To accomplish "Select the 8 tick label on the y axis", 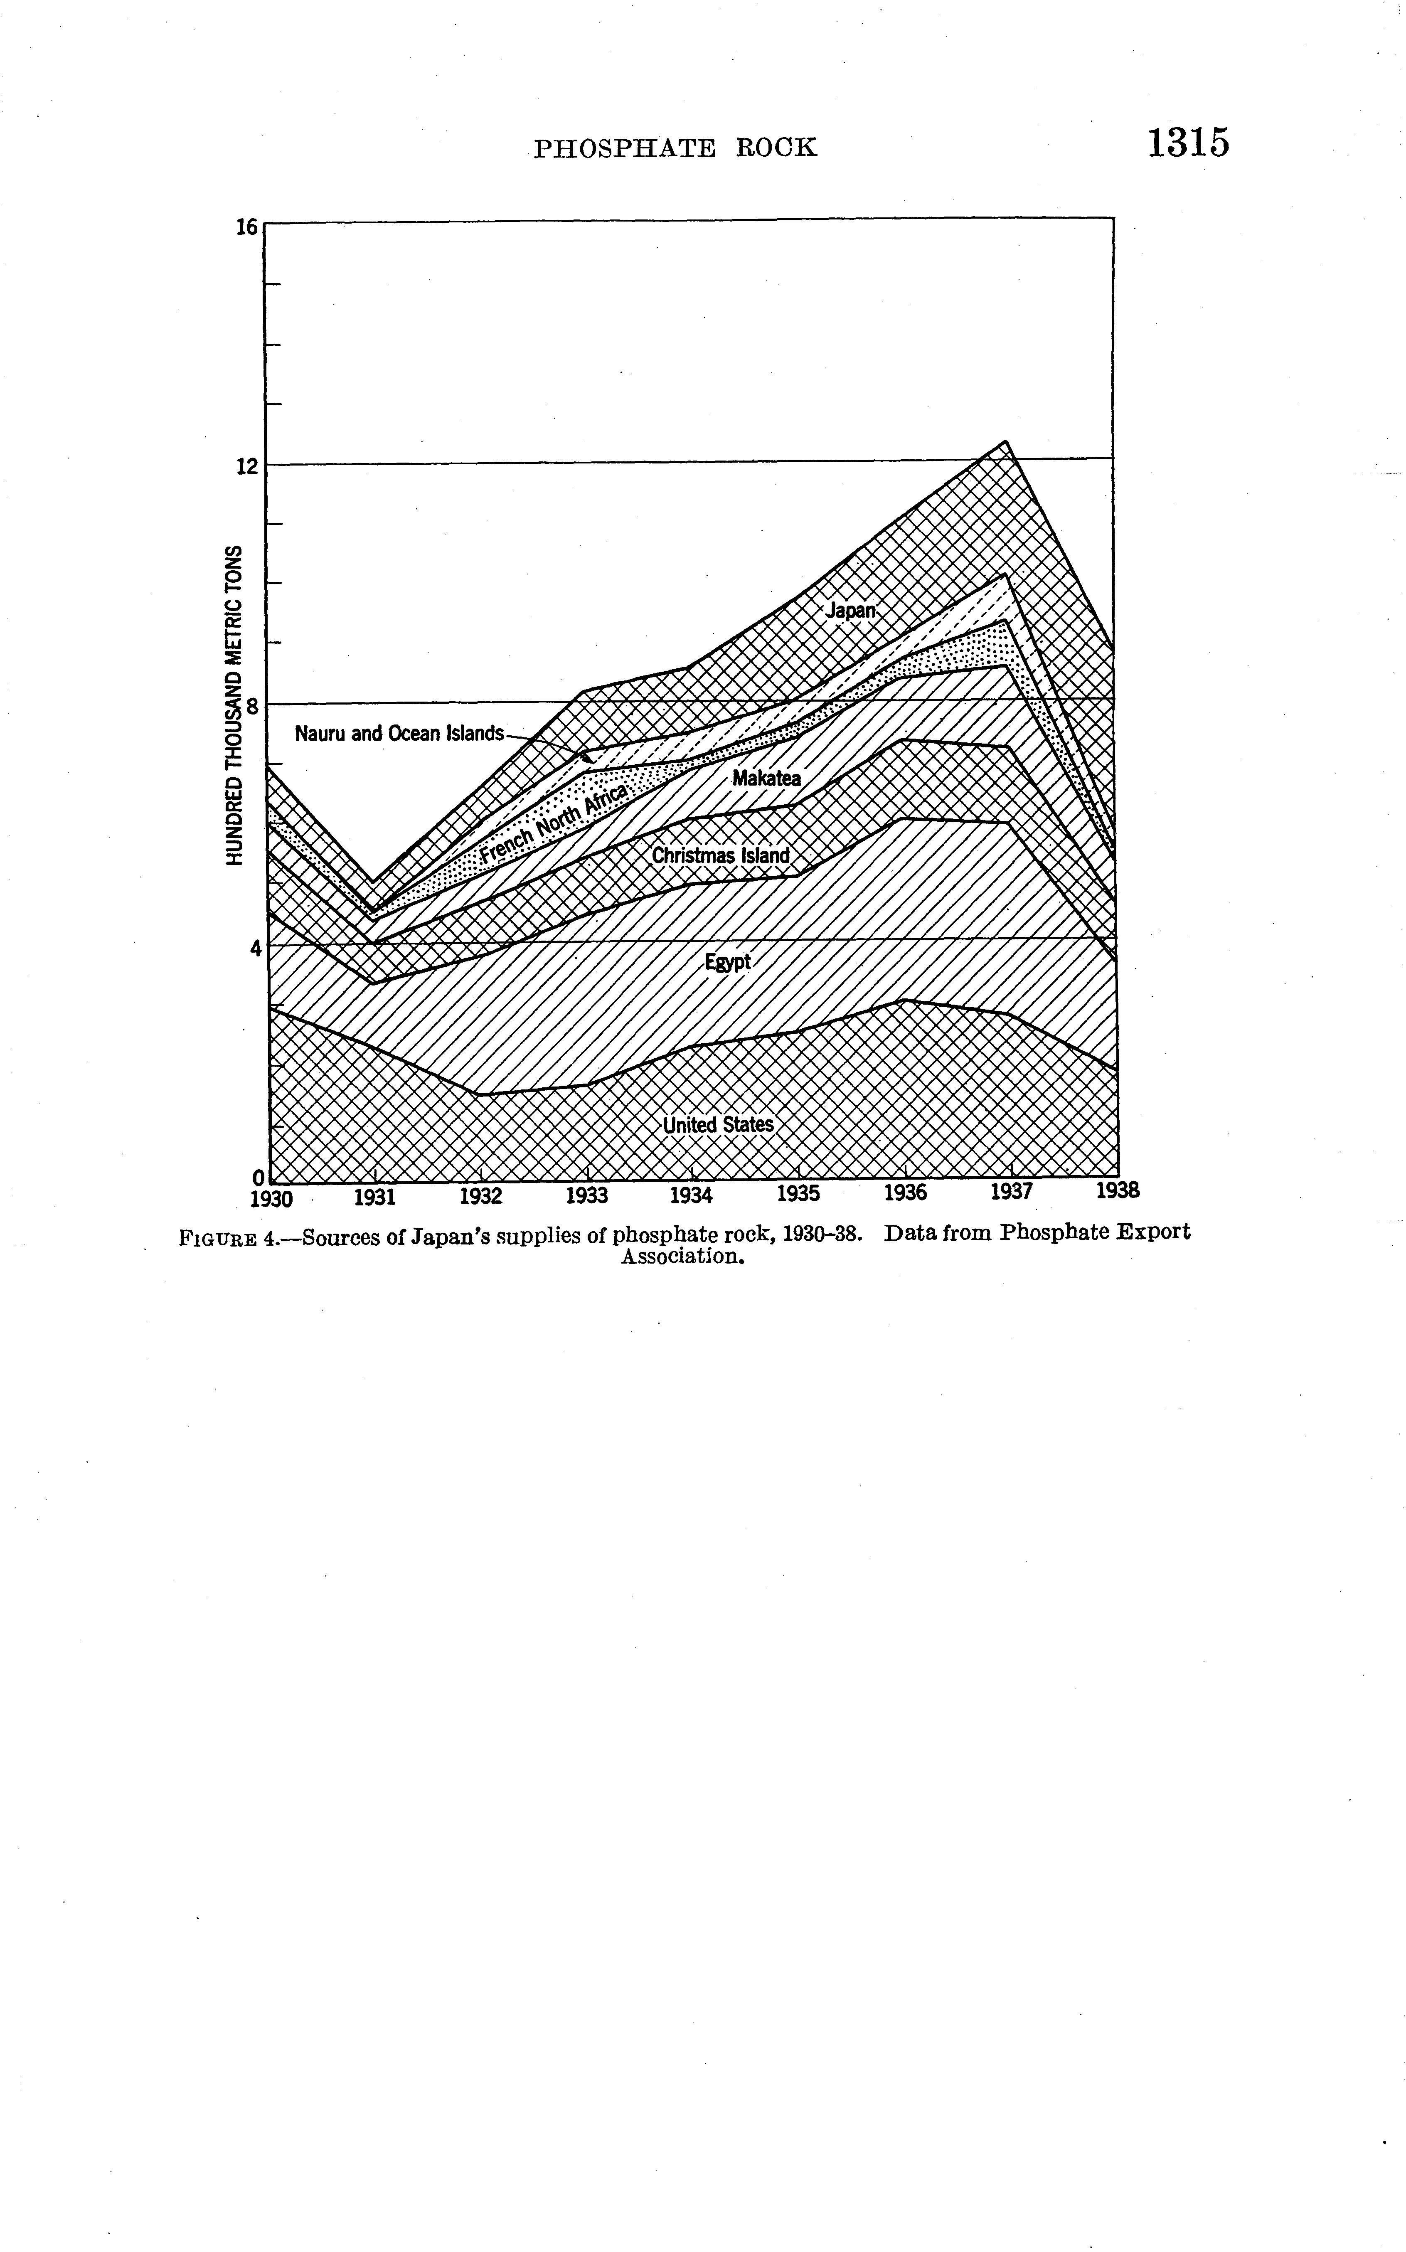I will pos(251,706).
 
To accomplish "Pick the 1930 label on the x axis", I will pos(273,1198).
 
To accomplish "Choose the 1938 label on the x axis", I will pos(1118,1191).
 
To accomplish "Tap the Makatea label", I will pos(766,778).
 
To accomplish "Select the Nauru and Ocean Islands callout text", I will pos(399,734).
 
